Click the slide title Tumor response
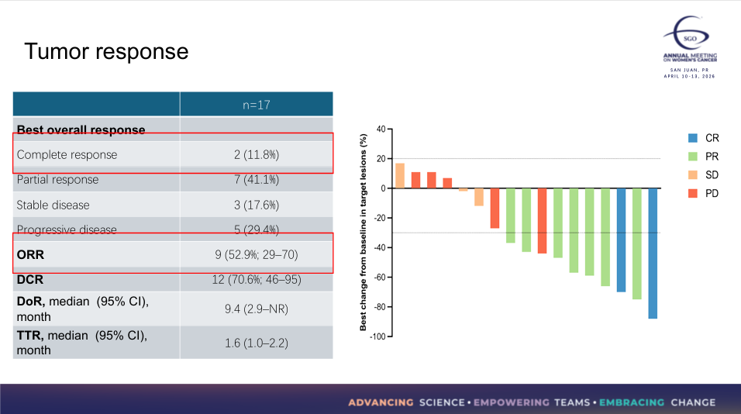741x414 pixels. tap(106, 51)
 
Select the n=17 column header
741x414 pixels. tap(256, 105)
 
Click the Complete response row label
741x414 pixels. tap(67, 154)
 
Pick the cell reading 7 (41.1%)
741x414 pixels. tap(256, 180)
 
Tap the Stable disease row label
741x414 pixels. tap(53, 205)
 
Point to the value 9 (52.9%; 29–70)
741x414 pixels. tap(256, 254)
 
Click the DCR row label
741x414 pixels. tap(31, 279)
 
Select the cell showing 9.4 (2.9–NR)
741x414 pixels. tap(256, 309)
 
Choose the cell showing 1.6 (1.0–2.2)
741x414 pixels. tap(256, 343)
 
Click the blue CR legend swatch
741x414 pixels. tap(693, 138)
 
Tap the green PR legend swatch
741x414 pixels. tap(693, 157)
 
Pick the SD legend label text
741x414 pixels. tap(712, 175)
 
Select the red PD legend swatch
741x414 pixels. tap(693, 193)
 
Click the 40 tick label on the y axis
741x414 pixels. tap(381, 129)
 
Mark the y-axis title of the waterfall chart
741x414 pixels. tap(363, 233)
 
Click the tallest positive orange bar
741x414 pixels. tap(400, 176)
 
